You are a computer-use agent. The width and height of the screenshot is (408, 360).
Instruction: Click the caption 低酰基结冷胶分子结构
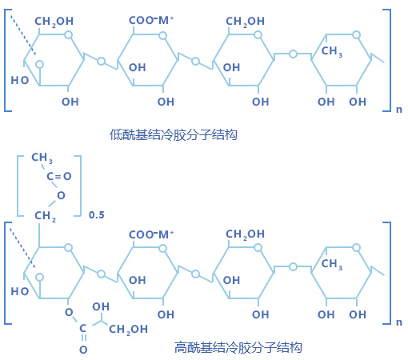(173, 134)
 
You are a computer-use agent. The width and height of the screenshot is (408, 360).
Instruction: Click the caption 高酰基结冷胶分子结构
(238, 347)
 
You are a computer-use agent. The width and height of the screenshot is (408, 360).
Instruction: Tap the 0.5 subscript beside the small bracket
(97, 215)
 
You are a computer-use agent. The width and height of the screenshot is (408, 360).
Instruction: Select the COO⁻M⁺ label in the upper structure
(151, 20)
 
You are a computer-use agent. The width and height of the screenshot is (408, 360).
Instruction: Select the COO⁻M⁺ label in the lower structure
(151, 234)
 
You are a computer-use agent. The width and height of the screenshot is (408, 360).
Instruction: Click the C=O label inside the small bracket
(59, 176)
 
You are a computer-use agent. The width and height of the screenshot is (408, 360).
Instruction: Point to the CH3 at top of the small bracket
(42, 158)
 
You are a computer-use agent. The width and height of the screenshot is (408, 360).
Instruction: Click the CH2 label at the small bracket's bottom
(45, 216)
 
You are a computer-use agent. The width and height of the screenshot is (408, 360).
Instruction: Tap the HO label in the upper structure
(20, 80)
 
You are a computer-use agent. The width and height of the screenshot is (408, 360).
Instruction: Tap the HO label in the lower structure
(20, 291)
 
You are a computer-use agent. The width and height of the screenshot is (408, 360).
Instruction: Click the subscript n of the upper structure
(399, 110)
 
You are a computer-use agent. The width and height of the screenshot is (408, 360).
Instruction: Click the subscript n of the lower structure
(399, 322)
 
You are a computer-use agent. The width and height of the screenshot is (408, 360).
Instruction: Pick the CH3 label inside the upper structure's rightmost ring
(332, 51)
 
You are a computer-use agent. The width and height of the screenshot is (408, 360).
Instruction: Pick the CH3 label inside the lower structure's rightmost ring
(332, 264)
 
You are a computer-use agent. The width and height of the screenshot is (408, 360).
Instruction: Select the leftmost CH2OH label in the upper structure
(54, 22)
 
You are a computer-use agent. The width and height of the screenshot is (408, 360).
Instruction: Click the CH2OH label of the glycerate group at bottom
(128, 330)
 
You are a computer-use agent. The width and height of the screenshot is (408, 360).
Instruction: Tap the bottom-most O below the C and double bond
(83, 350)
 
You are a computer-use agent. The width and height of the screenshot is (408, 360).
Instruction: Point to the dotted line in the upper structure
(23, 35)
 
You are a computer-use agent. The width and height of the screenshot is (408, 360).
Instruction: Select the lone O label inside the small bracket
(61, 195)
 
